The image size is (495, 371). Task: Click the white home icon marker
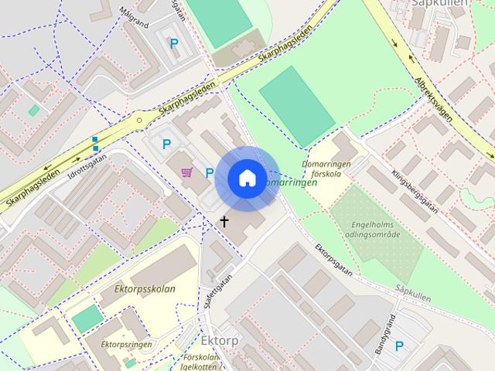point(246,178)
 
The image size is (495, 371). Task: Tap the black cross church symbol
point(225,222)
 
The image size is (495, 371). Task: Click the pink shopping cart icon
point(186,172)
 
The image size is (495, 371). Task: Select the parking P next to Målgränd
point(174,45)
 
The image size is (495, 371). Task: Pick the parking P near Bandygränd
point(399,346)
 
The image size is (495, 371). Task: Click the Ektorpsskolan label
point(144,289)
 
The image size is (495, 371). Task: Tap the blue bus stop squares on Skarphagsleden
point(95,143)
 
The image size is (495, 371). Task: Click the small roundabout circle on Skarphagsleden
point(139,120)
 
